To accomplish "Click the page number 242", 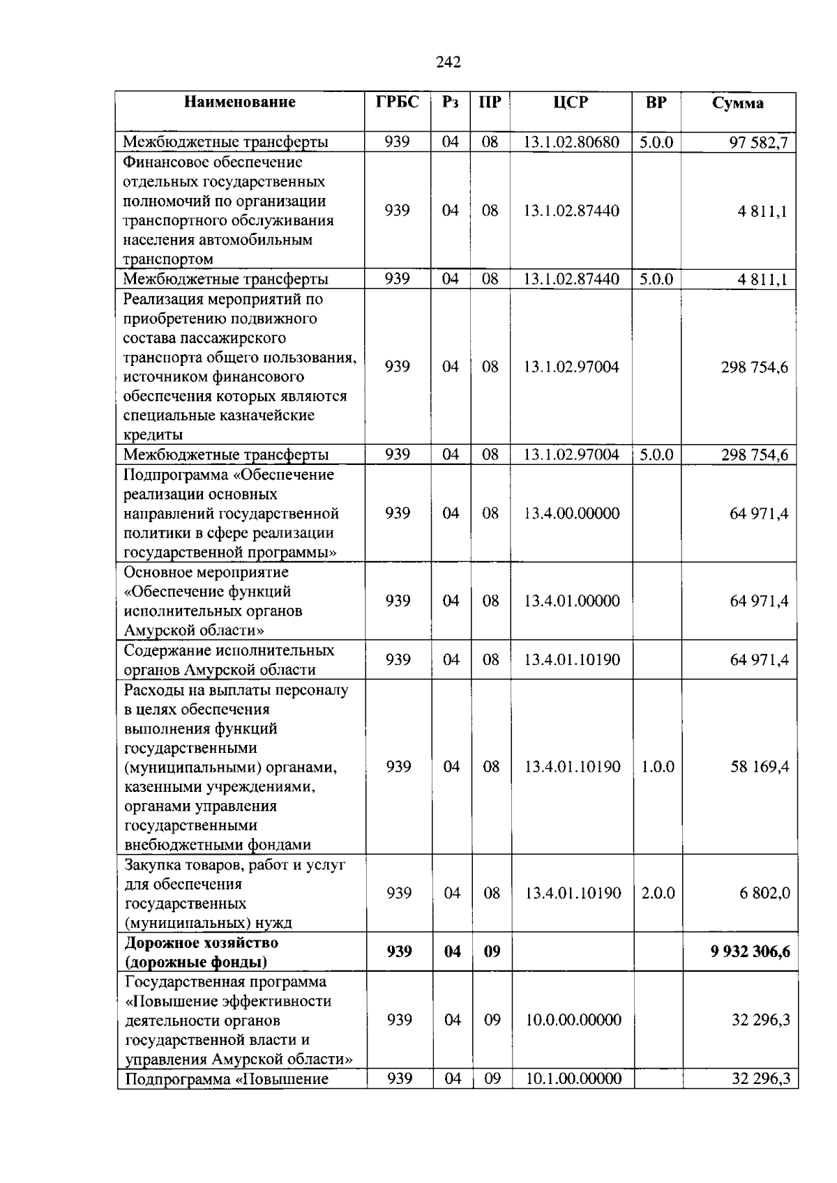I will tap(448, 63).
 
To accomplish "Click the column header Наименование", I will tap(239, 102).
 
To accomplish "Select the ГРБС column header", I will tap(397, 102).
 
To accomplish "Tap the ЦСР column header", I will tap(571, 102).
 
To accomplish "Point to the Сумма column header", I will tap(737, 103).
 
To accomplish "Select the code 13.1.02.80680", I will tap(571, 142).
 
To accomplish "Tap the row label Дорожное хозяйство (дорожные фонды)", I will tap(202, 952).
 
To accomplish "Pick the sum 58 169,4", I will tap(760, 767).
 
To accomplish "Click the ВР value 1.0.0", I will tap(657, 767).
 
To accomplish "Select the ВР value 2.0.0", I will tap(657, 893).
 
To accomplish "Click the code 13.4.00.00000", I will tap(571, 514).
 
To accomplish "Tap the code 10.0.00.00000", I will tap(573, 1020).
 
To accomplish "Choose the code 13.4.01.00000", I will tap(571, 601).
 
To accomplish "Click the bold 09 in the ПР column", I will tap(492, 952).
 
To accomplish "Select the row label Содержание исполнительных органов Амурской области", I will tap(229, 660).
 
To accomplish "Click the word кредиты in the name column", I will tap(153, 435).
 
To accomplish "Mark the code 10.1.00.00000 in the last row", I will tap(573, 1079).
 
